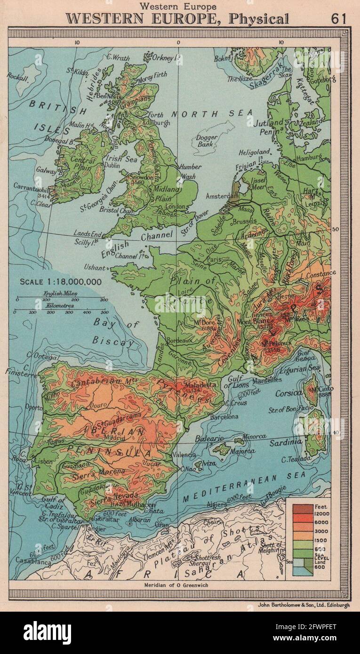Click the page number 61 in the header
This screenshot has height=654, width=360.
click(x=338, y=19)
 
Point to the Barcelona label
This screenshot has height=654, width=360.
click(x=224, y=416)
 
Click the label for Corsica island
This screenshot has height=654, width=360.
click(x=288, y=393)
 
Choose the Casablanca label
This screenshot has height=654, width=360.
click(x=27, y=561)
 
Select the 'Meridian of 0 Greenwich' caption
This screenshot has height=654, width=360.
click(x=178, y=585)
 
